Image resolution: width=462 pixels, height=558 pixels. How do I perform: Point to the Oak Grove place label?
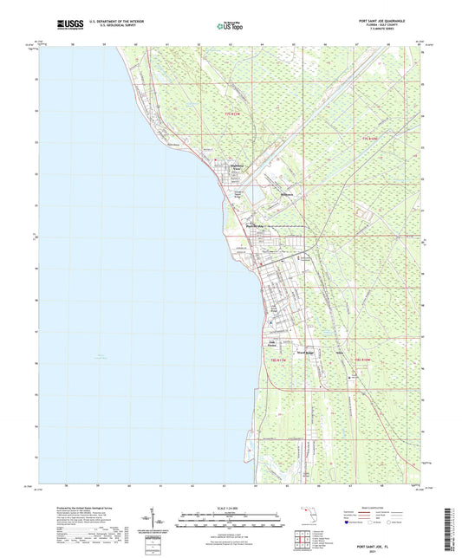click(271, 343)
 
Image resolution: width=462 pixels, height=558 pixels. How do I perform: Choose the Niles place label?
click(339, 353)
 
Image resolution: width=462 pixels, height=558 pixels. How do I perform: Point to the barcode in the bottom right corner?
click(448, 520)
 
